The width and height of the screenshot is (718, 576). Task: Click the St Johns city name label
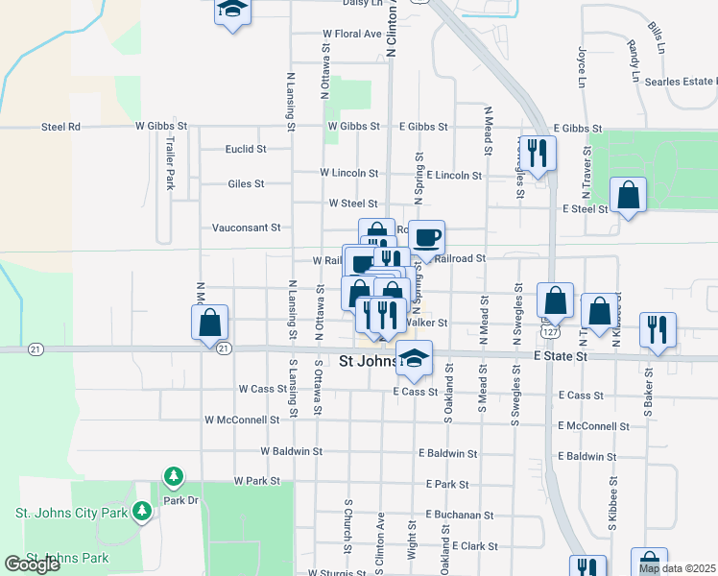pyautogui.click(x=371, y=362)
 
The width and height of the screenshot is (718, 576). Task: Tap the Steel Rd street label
pyautogui.click(x=61, y=127)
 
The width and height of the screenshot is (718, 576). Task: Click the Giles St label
pyautogui.click(x=246, y=184)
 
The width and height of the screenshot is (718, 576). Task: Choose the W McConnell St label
pyautogui.click(x=242, y=420)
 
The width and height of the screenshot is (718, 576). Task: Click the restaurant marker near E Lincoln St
pyautogui.click(x=538, y=154)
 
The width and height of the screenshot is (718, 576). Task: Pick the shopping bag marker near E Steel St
pyautogui.click(x=627, y=195)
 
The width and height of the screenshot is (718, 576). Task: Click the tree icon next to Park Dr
pyautogui.click(x=174, y=476)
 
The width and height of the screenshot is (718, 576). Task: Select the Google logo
pyautogui.click(x=33, y=564)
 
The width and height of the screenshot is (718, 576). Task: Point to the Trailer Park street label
pyautogui.click(x=170, y=162)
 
